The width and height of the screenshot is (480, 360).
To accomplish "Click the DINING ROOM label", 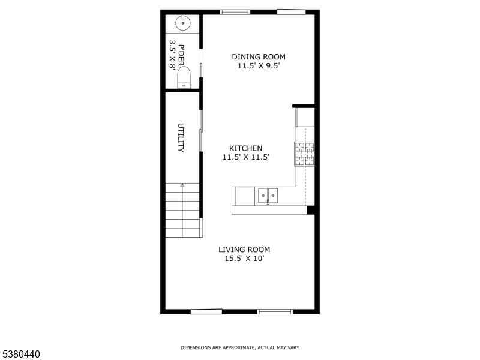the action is (x=259, y=56).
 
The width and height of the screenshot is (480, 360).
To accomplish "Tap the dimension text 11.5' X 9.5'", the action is (x=259, y=66).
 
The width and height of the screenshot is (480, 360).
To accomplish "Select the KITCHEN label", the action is (x=246, y=148).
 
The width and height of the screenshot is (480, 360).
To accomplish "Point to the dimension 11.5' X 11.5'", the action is (x=246, y=157).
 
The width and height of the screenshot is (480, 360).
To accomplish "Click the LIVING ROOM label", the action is (x=244, y=250).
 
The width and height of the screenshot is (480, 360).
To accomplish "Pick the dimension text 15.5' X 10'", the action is (x=244, y=259).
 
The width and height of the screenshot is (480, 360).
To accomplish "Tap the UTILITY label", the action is (x=181, y=137).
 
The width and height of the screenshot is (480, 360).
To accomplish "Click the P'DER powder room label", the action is (x=181, y=55).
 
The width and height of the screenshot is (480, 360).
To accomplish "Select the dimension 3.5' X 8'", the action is (x=173, y=55).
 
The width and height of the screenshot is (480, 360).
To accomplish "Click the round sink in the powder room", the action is (x=183, y=23).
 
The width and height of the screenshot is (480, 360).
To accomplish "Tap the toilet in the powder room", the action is (x=184, y=78).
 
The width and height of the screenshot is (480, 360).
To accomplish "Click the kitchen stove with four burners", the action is (x=305, y=154).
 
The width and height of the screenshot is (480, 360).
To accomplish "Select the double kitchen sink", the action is (x=268, y=196).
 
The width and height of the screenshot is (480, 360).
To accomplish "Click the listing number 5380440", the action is (x=20, y=354).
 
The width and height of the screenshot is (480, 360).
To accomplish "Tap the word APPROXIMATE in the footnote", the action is (x=239, y=347).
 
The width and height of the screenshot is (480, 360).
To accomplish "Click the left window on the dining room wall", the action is (x=235, y=12).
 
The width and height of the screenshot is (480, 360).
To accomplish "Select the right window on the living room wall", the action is (x=275, y=312).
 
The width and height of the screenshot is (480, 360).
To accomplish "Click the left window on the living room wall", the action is (x=206, y=312).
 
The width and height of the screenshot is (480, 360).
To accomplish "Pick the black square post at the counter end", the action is (x=311, y=210).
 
